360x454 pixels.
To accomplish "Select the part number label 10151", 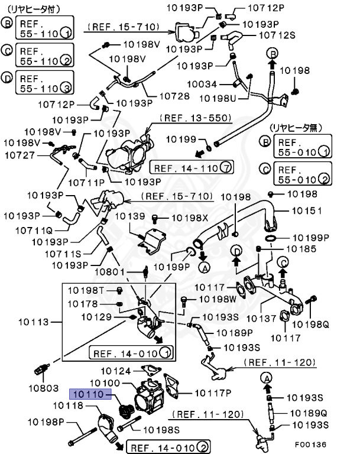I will (307, 210).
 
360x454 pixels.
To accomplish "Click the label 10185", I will (300, 249).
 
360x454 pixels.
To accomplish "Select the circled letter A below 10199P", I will (205, 268).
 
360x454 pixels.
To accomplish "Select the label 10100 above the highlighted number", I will (104, 383).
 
